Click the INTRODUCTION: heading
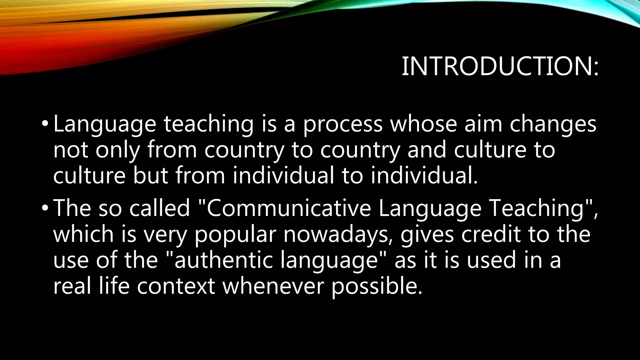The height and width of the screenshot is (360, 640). click(500, 67)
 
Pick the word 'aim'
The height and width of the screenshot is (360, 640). click(483, 124)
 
